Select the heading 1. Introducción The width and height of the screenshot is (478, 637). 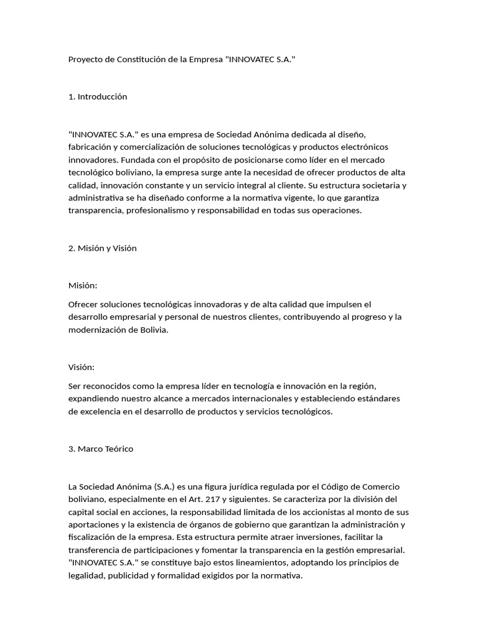98,96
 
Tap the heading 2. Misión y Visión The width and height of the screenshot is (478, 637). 103,248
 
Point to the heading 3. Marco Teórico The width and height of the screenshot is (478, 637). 101,449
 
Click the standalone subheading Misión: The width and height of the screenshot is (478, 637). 83,286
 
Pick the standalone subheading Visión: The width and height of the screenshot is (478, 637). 82,367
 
